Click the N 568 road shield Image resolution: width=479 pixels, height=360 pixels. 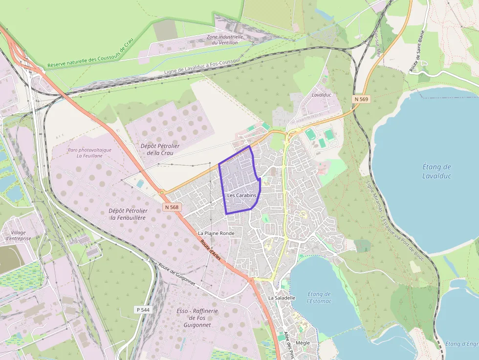172,207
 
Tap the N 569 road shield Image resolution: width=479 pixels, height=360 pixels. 361,99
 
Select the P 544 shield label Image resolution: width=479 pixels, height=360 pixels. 142,310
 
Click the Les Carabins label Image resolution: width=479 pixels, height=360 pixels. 241,195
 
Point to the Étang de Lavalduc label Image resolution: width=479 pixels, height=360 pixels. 436,171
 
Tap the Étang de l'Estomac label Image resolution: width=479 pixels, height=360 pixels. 320,297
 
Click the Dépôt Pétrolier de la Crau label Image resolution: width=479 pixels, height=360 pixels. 160,149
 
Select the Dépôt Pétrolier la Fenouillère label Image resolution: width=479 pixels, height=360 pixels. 128,214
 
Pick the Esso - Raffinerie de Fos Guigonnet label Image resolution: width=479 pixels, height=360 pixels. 197,318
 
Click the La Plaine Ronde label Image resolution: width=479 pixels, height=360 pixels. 216,233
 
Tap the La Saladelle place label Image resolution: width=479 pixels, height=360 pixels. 282,297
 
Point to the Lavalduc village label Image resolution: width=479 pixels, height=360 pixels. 322,94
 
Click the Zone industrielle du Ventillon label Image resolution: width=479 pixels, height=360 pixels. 225,40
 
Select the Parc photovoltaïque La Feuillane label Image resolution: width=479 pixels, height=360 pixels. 89,153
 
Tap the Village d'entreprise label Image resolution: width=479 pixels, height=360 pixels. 18,235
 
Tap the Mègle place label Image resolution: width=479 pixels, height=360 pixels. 303,343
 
